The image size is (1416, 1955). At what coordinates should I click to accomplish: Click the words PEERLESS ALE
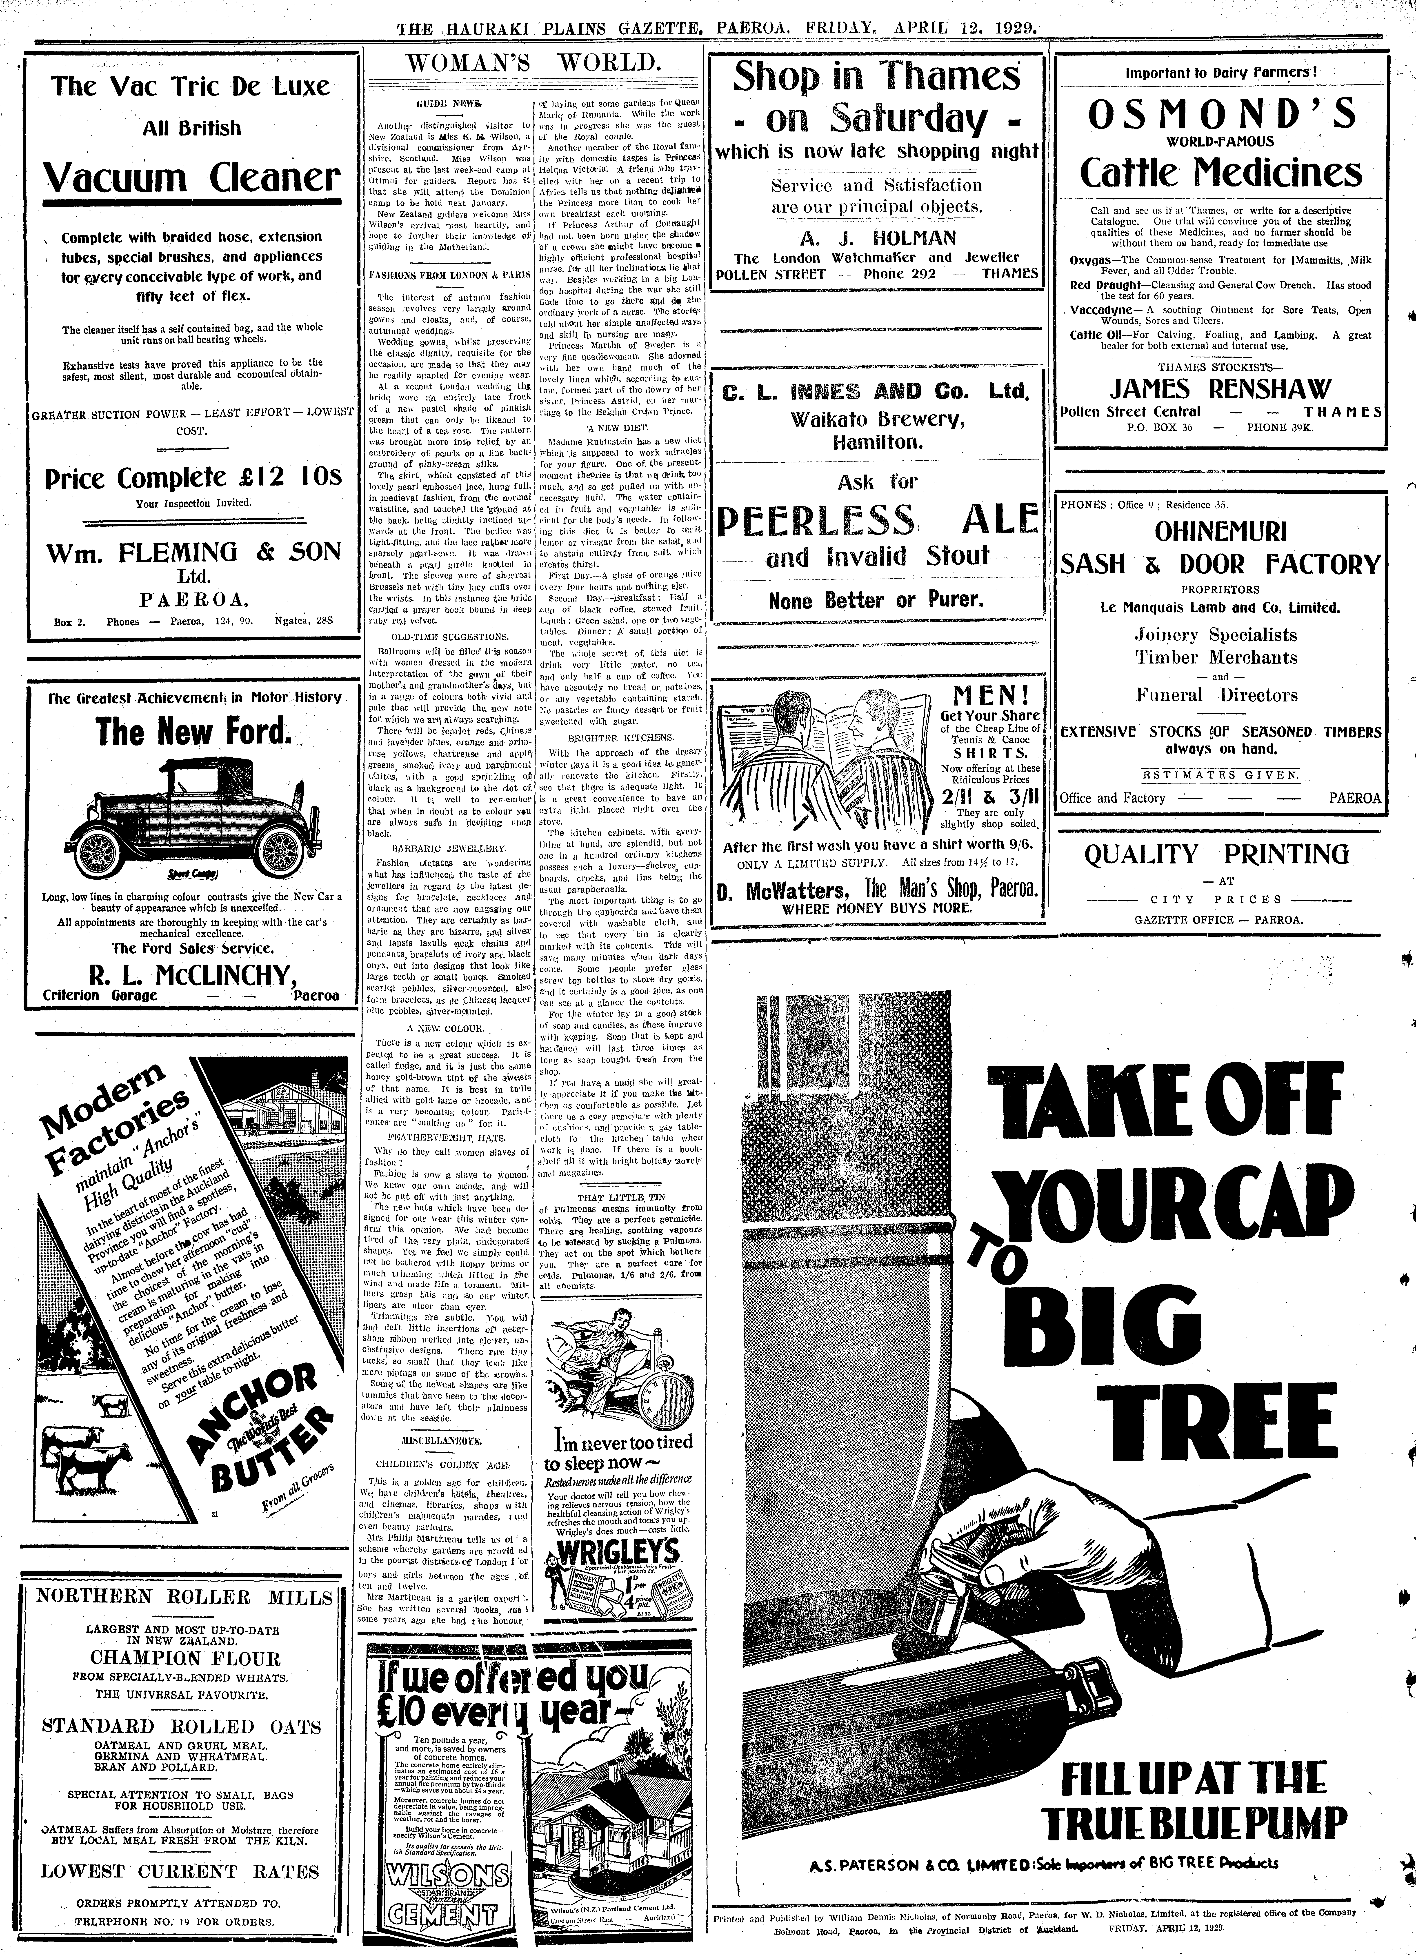tap(877, 520)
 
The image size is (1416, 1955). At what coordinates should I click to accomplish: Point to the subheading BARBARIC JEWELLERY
tap(441, 848)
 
